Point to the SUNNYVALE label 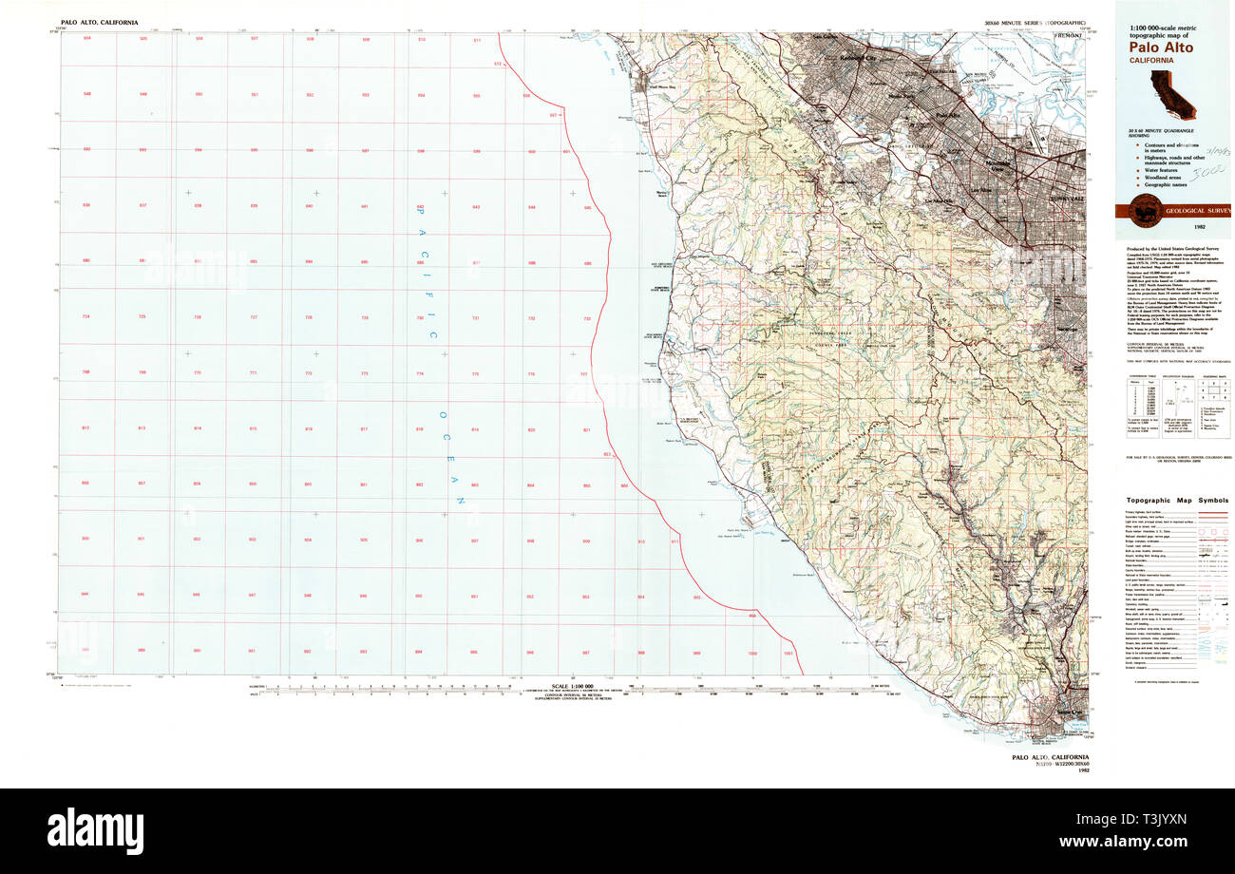[x=1067, y=198]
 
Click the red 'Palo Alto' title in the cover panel [x=1156, y=46]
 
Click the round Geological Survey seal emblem [x=1143, y=209]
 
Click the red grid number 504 [x=87, y=39]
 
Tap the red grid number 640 [x=309, y=206]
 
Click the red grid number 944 [x=86, y=595]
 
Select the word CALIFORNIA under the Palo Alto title [x=1150, y=60]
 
